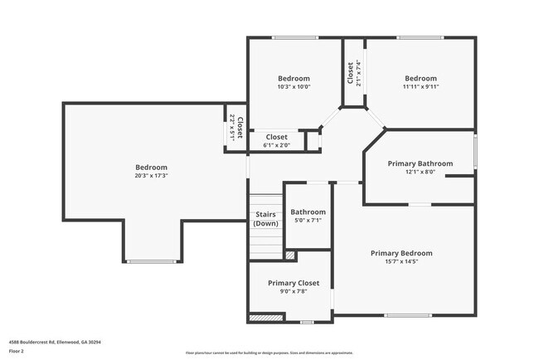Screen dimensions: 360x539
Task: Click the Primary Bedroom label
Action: pyautogui.click(x=401, y=253)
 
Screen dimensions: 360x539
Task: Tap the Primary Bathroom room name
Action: pyautogui.click(x=420, y=163)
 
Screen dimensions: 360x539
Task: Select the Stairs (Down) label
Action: pyautogui.click(x=265, y=218)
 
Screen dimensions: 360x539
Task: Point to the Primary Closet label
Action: pyautogui.click(x=293, y=283)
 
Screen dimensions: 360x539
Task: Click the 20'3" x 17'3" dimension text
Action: pyautogui.click(x=151, y=176)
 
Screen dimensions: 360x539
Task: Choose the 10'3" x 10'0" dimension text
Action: pyautogui.click(x=294, y=87)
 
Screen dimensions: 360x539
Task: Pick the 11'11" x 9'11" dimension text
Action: pyautogui.click(x=420, y=87)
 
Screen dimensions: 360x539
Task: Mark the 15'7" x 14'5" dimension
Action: pyautogui.click(x=401, y=262)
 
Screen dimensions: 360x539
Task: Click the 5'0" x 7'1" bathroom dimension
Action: pyautogui.click(x=308, y=221)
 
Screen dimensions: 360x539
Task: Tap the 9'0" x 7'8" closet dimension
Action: pyautogui.click(x=293, y=291)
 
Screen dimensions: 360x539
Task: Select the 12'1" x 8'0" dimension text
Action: pyautogui.click(x=420, y=173)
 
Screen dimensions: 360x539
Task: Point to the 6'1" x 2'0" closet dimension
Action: pyautogui.click(x=276, y=146)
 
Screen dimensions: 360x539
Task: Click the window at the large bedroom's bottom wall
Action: pyautogui.click(x=151, y=261)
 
